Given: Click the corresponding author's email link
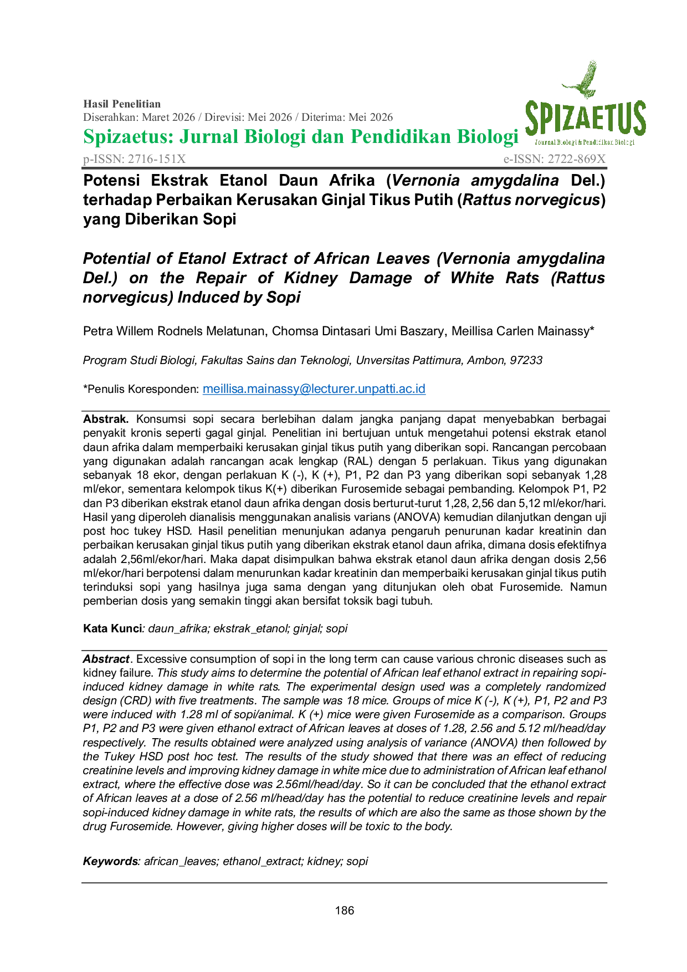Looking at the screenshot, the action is (x=314, y=389).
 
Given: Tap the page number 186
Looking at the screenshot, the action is (x=344, y=910).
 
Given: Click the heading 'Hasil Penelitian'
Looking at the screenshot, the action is (x=122, y=104).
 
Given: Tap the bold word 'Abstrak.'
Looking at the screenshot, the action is (x=106, y=419).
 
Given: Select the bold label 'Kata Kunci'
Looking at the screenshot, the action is (x=112, y=628).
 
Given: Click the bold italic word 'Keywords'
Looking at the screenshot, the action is (x=110, y=861).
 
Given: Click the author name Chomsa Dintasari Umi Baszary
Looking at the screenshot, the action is (x=358, y=331).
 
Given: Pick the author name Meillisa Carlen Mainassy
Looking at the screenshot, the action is (x=520, y=331).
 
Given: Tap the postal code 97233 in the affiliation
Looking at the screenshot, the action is (x=526, y=360).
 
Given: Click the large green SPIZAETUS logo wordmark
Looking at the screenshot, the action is (x=585, y=119).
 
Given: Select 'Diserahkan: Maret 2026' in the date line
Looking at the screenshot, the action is (x=139, y=117).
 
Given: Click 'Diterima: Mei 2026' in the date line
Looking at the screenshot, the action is (x=347, y=117).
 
